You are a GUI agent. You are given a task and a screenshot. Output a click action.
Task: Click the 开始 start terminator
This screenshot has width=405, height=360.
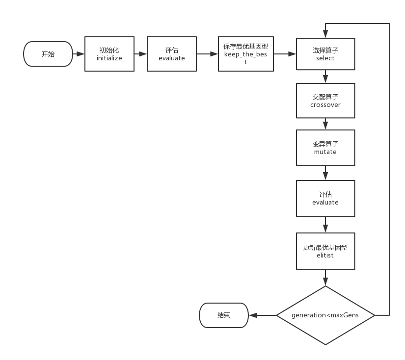click(x=48, y=54)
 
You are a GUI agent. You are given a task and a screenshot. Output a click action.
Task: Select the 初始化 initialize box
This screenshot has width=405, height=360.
click(x=109, y=54)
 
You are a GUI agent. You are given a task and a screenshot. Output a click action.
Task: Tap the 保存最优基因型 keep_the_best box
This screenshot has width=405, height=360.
click(x=246, y=54)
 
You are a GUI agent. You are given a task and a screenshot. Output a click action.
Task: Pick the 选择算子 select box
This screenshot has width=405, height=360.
click(x=325, y=54)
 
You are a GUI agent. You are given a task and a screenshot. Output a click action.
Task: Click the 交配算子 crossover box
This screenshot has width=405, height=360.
click(x=325, y=101)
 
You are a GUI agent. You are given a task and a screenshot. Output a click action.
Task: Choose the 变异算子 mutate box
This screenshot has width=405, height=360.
click(x=325, y=148)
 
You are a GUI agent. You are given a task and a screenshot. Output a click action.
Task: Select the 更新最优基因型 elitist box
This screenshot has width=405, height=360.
click(x=325, y=251)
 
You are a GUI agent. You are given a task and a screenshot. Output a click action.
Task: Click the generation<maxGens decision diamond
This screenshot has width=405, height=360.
click(x=325, y=315)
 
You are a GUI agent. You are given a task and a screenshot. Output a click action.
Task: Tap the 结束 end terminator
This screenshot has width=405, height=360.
click(x=224, y=315)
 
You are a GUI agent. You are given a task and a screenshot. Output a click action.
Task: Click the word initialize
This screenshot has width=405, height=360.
click(x=109, y=58)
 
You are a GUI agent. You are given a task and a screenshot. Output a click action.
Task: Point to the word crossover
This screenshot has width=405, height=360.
click(x=325, y=105)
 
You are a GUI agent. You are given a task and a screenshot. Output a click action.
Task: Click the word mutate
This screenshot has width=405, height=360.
click(x=325, y=152)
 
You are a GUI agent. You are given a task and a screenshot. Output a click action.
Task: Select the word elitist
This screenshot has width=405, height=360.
click(x=325, y=256)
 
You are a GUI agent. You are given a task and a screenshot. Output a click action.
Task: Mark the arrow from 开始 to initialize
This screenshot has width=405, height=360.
click(x=79, y=54)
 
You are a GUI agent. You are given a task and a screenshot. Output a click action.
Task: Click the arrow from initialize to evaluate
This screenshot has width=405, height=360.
click(x=140, y=54)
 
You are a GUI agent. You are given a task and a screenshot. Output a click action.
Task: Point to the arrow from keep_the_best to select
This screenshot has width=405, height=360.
click(x=285, y=54)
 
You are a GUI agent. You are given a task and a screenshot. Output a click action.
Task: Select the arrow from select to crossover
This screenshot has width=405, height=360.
click(x=325, y=77)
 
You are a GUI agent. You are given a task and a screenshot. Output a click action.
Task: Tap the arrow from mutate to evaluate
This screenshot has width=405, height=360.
click(x=325, y=173)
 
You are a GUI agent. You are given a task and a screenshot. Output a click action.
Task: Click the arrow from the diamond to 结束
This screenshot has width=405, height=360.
click(x=263, y=315)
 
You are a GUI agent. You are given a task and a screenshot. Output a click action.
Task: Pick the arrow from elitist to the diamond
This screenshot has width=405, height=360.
click(x=325, y=278)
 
